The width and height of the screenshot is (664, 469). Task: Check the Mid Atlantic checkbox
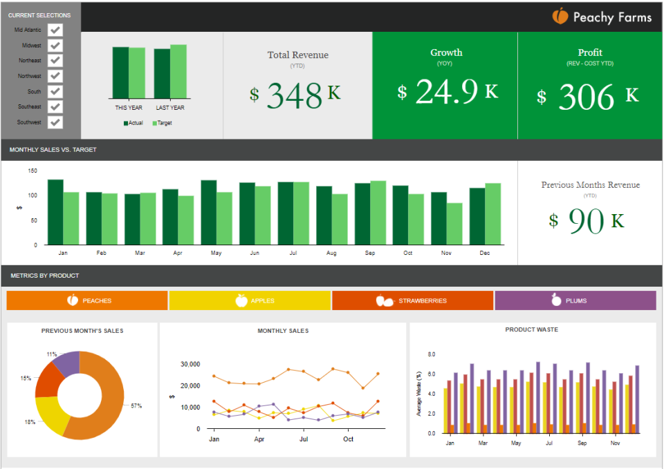coord(55,30)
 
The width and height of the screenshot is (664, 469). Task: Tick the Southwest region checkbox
coord(55,122)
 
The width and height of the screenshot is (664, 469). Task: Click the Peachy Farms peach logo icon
coord(560,17)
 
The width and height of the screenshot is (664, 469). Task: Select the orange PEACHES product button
coord(87,300)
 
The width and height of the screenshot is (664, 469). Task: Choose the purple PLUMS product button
coord(575,300)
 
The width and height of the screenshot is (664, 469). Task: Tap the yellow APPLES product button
coord(250,300)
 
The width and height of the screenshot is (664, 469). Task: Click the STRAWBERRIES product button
coord(412,300)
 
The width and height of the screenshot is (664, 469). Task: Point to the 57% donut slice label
coord(136,405)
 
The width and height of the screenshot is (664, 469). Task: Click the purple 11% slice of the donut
coord(68,363)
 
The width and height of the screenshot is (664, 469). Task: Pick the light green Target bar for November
coord(454,224)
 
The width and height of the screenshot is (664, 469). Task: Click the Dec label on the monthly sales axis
coord(484,253)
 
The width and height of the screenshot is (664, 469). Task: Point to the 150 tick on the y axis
coord(33,170)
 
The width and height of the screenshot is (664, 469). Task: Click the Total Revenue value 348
coord(295,96)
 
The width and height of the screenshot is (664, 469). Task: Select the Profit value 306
coord(586,97)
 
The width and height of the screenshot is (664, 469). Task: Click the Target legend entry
coord(163,123)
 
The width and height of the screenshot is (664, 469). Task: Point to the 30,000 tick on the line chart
coord(190,364)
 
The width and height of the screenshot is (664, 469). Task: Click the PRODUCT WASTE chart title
coord(531,329)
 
